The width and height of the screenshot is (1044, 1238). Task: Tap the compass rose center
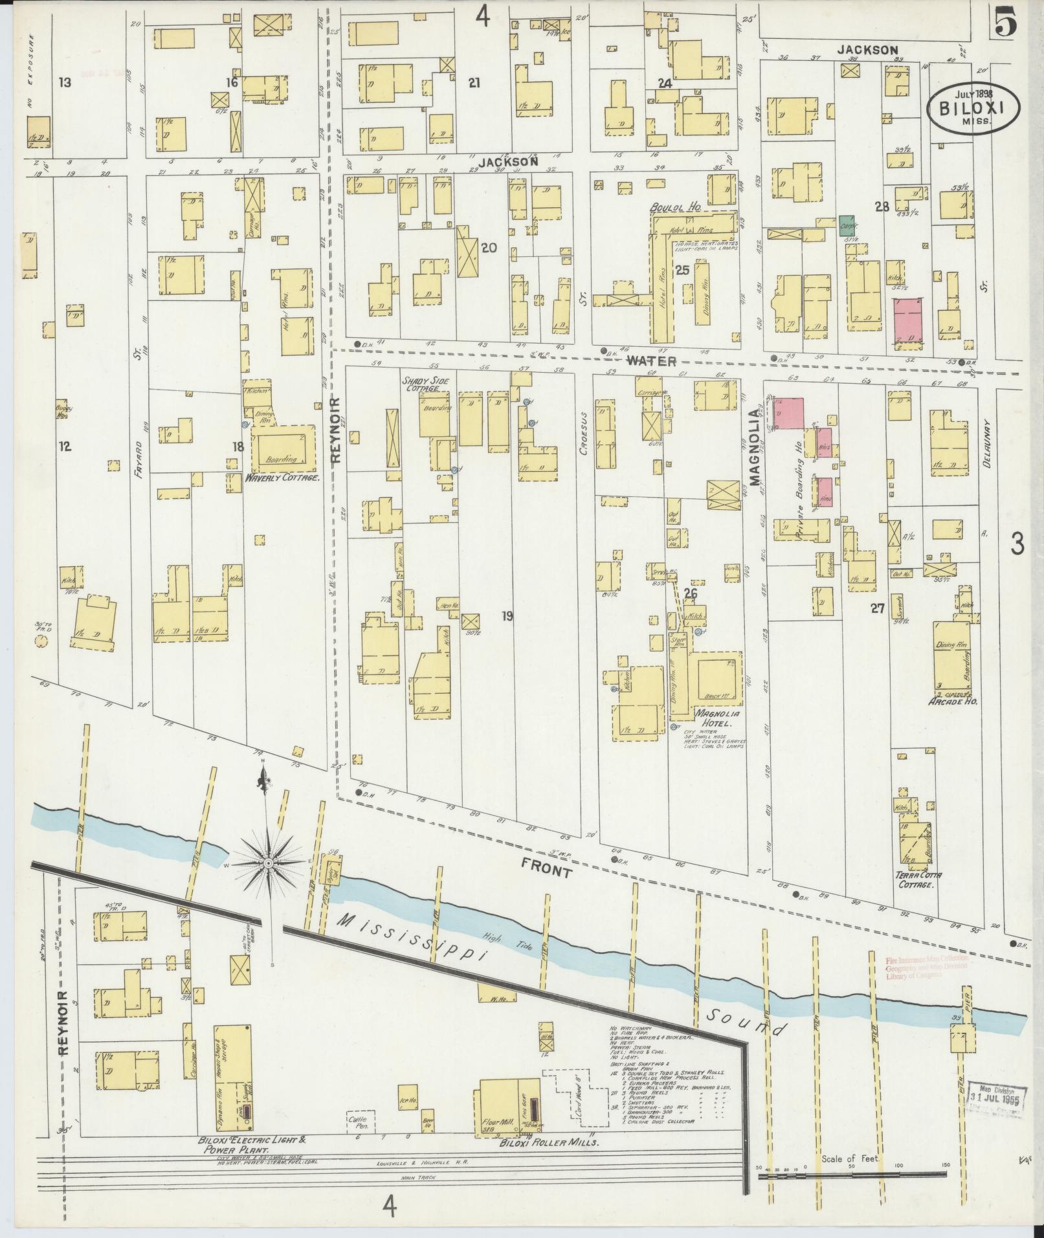267,863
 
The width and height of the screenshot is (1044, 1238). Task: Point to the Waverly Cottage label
283,478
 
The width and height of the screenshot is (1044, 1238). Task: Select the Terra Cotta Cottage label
918,879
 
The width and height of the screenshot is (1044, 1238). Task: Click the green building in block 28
845,226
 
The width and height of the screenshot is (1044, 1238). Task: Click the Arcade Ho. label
952,701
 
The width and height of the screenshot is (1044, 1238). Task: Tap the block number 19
507,616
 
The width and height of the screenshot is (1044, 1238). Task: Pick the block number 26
691,593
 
